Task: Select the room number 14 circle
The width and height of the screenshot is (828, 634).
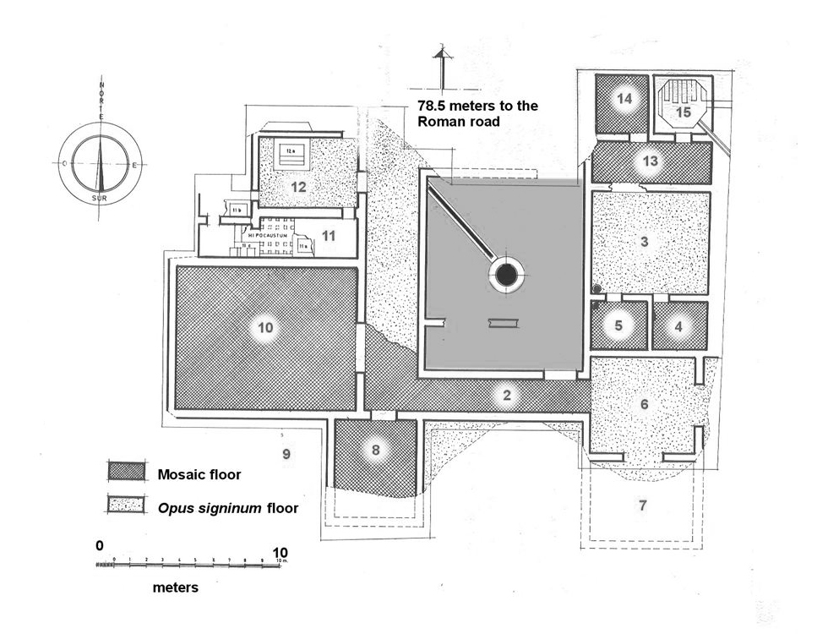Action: [624, 99]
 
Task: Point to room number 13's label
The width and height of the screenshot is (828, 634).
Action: [649, 161]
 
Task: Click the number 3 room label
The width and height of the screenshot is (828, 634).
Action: [645, 242]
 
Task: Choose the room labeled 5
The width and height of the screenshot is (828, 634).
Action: [618, 325]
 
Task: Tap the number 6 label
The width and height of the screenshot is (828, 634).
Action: [645, 404]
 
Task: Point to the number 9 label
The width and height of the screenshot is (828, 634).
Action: [286, 454]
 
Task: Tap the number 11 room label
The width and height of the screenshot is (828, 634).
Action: [329, 236]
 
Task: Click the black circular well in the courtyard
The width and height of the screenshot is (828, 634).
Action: [506, 275]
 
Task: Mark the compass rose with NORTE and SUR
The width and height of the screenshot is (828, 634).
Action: [101, 161]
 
